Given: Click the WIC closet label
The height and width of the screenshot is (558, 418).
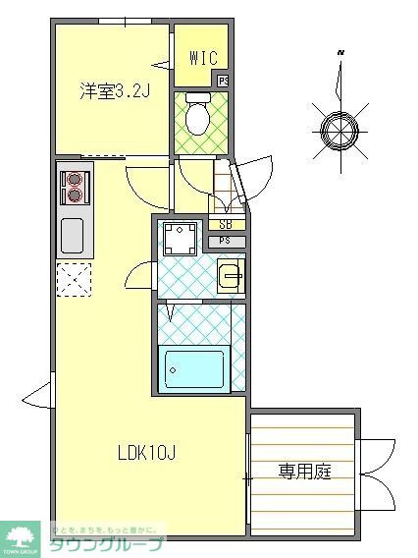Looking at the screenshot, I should [x=202, y=58].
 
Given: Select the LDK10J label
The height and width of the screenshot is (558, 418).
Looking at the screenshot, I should [x=147, y=453].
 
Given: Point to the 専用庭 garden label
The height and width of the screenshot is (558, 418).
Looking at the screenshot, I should [x=303, y=472].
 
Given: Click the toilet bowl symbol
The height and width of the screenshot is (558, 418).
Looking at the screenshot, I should [x=196, y=117].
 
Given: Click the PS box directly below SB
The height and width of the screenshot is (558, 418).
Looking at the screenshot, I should [x=226, y=241].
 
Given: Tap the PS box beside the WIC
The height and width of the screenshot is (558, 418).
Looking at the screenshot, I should [x=224, y=81].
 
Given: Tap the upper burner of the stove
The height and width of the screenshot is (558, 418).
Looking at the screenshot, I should [x=74, y=179].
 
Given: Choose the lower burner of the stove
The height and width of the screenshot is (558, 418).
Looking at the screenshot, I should [x=74, y=195].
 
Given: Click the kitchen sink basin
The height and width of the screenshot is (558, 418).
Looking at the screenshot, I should [x=74, y=236].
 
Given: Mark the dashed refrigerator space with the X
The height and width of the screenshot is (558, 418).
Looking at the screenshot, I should [x=74, y=280].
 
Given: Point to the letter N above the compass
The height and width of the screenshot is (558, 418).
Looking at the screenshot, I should [x=340, y=51].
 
